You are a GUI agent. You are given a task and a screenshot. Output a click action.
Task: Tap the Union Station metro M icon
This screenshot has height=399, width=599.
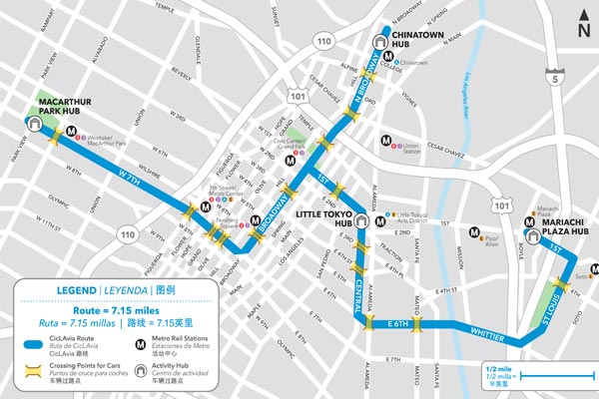click(382, 142)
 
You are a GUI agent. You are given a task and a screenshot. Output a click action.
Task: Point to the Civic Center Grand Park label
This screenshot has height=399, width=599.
click(290, 156)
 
